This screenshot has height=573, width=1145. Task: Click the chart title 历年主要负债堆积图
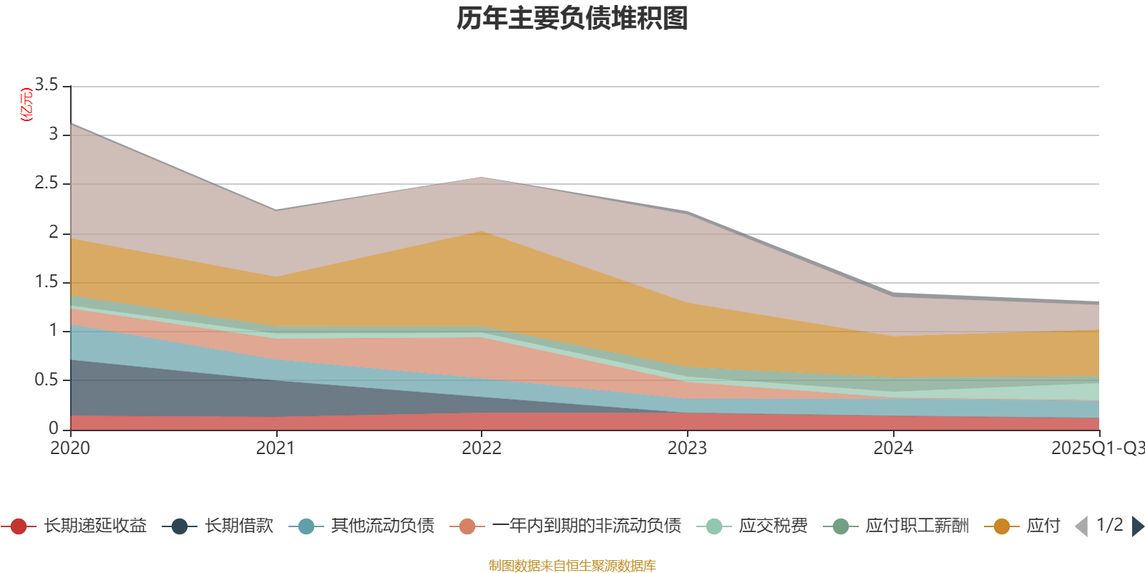[x=572, y=19]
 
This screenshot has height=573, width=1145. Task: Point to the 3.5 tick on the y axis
[x=47, y=85]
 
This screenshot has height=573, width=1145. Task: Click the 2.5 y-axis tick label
[x=47, y=183]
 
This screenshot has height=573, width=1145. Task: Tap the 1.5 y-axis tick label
[x=47, y=282]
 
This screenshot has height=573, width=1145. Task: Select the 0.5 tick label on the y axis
[x=47, y=380]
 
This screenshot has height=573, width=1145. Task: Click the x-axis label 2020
[x=70, y=448]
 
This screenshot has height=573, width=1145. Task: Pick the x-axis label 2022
[x=482, y=448]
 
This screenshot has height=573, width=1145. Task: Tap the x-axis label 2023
[x=687, y=448]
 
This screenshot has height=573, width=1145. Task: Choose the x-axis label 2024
[x=893, y=448]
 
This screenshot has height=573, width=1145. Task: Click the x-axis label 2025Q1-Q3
[x=1096, y=448]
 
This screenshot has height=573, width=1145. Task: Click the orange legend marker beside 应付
[x=1002, y=526]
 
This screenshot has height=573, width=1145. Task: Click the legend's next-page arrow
[x=1137, y=526]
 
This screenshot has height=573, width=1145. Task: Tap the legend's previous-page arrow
[x=1081, y=526]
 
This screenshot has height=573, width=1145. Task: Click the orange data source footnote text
[x=572, y=566]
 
